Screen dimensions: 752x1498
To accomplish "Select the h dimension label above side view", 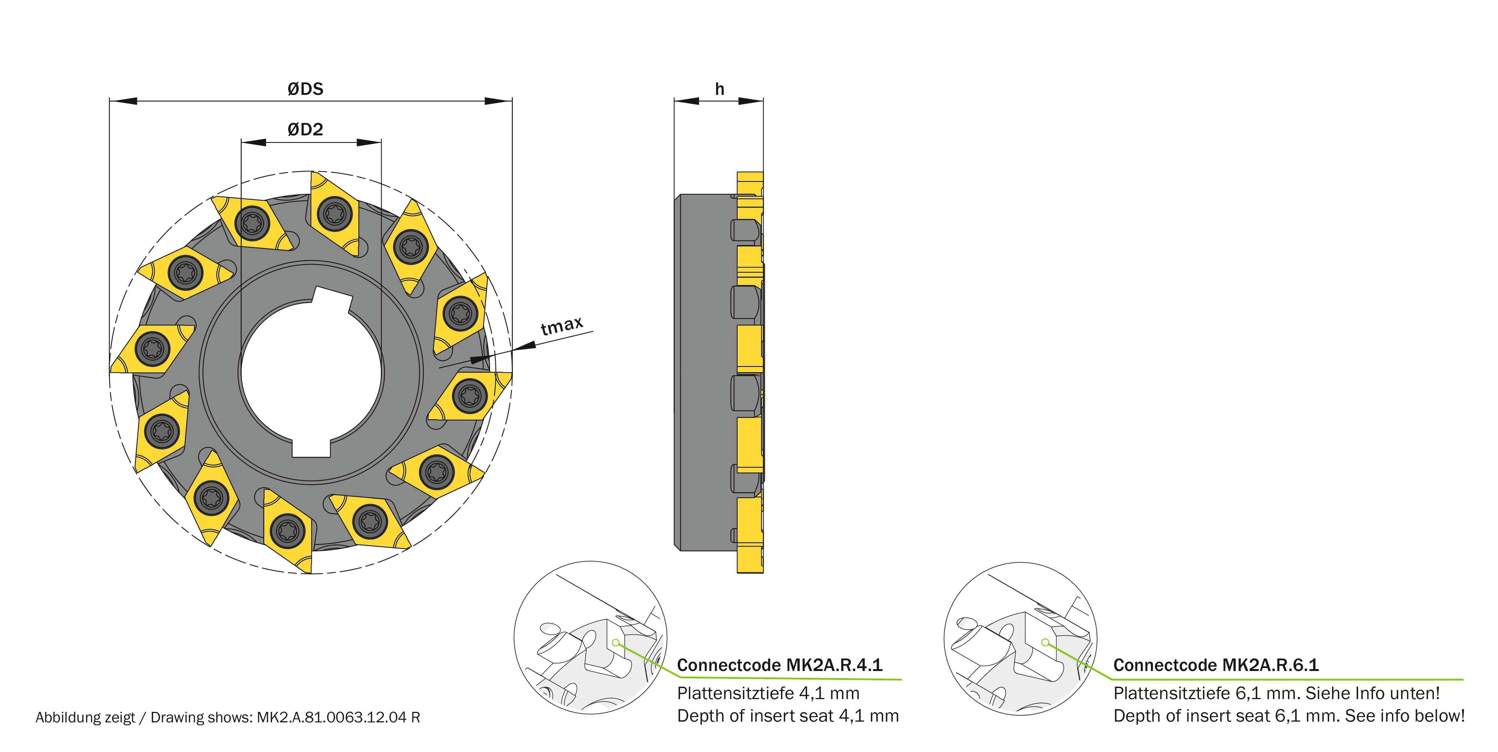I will click(x=719, y=89).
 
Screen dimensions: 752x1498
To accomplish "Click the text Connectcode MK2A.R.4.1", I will click(x=779, y=665).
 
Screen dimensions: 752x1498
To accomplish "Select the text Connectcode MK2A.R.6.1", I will click(x=1215, y=665).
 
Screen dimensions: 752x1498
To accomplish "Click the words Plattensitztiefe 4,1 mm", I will click(x=768, y=693).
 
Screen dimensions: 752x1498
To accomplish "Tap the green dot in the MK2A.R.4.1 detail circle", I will click(x=616, y=643).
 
